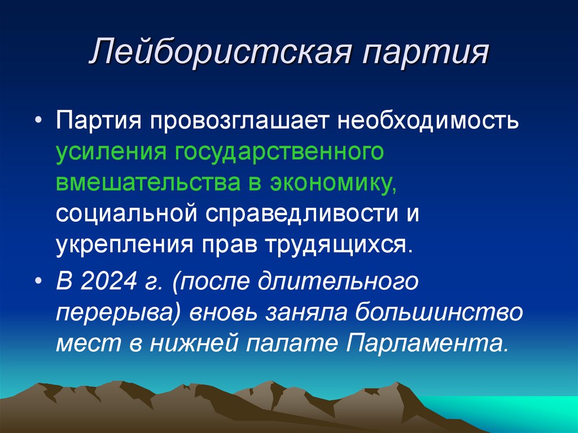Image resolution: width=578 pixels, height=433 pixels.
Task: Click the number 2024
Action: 106,281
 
